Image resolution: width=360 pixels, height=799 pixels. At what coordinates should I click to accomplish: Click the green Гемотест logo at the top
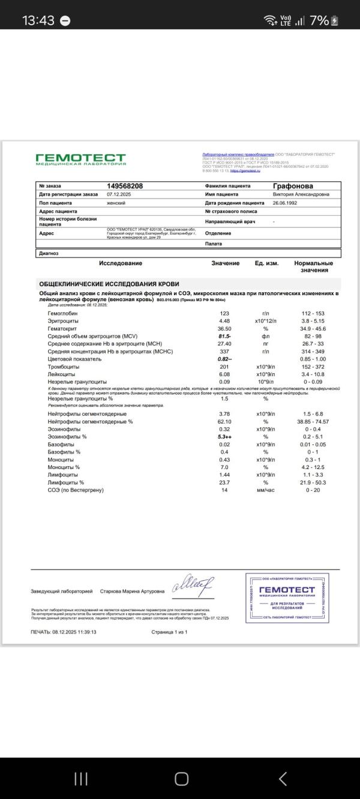click(x=80, y=159)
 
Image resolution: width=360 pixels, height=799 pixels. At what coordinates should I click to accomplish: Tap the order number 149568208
click(x=125, y=186)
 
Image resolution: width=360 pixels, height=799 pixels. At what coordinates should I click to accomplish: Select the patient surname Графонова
click(x=293, y=186)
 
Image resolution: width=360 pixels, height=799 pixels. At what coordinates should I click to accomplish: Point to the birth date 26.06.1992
click(x=285, y=203)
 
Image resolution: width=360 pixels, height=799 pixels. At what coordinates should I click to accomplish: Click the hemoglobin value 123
click(x=224, y=314)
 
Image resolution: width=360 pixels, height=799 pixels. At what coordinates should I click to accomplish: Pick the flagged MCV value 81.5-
click(x=224, y=337)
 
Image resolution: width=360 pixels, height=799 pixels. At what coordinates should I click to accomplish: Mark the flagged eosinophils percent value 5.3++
click(x=225, y=437)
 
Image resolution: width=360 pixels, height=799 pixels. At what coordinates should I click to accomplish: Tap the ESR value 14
click(x=224, y=490)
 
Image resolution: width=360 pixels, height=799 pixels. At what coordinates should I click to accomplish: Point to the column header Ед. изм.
click(x=266, y=263)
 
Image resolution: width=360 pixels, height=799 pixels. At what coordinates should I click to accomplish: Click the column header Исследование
click(x=121, y=263)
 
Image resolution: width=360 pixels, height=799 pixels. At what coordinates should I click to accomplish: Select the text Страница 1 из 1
click(x=170, y=632)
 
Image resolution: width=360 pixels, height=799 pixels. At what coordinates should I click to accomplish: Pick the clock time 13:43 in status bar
click(x=38, y=20)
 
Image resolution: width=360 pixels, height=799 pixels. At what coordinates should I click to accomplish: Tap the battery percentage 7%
click(x=319, y=20)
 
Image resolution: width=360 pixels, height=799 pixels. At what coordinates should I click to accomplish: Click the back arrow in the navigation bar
click(x=283, y=778)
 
